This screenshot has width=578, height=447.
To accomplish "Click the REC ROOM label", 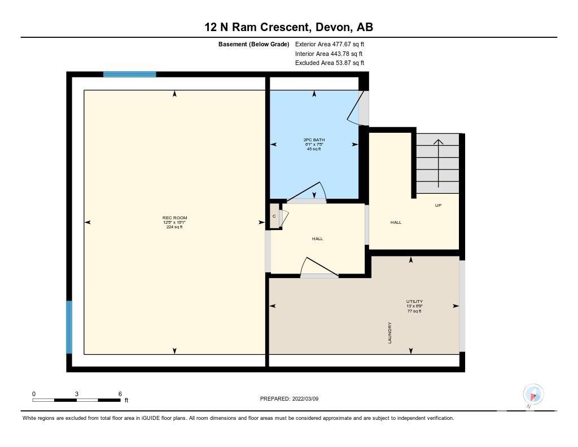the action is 175,218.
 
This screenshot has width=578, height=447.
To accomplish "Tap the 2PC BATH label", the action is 314,140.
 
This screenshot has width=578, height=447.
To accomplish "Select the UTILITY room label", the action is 415,302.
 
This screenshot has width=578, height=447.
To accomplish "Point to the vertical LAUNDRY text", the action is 389,333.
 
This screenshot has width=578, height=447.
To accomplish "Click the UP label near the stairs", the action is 438,205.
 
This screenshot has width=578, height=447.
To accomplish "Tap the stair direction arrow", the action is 438,163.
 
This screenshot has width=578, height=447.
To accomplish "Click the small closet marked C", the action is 274,216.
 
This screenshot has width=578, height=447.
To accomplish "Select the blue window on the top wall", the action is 129,74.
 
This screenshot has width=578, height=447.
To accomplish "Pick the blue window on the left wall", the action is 69,327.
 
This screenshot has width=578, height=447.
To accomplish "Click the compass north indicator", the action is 533,395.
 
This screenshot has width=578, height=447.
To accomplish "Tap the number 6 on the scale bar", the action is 120,394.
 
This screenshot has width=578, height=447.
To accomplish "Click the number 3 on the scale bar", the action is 77,394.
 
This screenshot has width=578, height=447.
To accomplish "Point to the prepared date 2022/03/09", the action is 305,398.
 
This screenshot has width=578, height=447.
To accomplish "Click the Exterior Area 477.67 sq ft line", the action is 330,44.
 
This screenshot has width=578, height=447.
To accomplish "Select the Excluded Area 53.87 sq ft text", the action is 330,63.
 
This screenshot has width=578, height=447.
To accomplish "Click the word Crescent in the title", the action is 284,27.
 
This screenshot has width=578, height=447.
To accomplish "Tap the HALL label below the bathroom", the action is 317,239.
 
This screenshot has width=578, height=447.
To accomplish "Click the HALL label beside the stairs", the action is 396,222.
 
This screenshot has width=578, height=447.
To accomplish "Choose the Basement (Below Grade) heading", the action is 253,44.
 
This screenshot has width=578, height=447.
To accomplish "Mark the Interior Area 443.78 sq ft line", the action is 329,54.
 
